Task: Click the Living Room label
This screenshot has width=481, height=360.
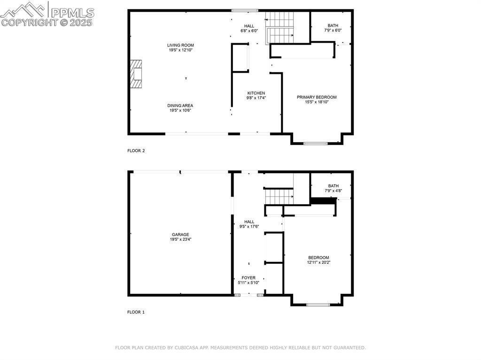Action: (x=180, y=45)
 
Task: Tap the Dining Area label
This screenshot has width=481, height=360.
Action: (x=180, y=106)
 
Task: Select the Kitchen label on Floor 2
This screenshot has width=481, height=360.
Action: (x=256, y=93)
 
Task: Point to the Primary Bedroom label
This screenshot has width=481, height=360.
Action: (x=317, y=97)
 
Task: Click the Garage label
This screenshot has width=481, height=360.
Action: (x=180, y=235)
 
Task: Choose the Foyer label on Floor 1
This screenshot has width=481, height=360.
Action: (x=248, y=278)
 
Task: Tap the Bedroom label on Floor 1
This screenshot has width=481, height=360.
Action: (x=319, y=258)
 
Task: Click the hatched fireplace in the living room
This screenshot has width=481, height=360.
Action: (x=136, y=74)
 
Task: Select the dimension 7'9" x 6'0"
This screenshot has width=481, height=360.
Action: (x=333, y=31)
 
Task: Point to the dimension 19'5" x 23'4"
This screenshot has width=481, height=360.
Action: (x=180, y=239)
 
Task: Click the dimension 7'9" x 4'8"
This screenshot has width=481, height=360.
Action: (x=334, y=191)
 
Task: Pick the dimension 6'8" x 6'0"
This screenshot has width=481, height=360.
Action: (x=249, y=31)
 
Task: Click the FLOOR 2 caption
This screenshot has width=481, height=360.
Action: (x=136, y=151)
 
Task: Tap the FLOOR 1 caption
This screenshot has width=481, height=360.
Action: (x=136, y=312)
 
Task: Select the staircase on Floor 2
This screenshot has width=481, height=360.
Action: (x=280, y=28)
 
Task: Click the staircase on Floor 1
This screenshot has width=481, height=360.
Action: (x=279, y=197)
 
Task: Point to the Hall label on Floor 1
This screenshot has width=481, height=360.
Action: (x=249, y=222)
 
